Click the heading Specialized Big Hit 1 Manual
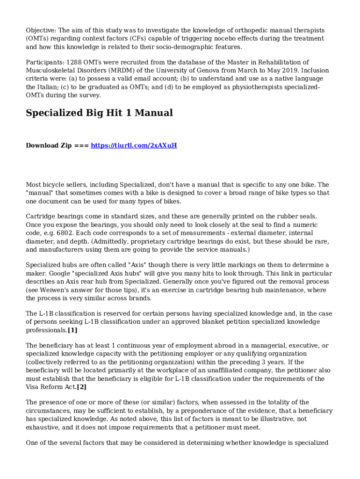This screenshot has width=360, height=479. (x=99, y=113)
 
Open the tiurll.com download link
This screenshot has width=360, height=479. (x=134, y=145)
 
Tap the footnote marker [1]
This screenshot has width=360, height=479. (x=72, y=330)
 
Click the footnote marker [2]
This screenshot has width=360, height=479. (x=81, y=387)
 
